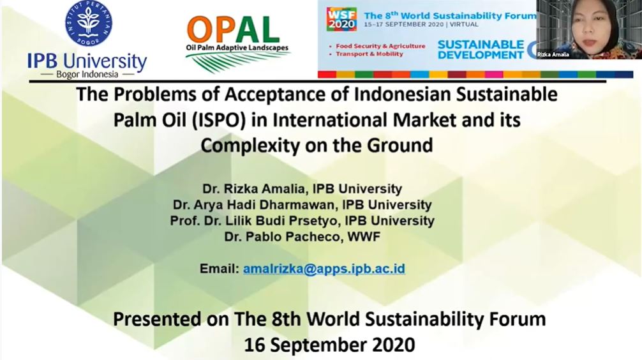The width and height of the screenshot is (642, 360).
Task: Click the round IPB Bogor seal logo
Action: coord(89,23)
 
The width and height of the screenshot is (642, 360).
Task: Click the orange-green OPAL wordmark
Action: coord(234,30)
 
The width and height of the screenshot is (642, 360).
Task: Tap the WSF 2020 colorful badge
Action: coord(341,19)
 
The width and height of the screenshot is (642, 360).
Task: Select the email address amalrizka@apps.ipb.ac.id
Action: coord(324,269)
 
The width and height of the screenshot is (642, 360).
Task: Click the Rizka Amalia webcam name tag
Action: coord(553,54)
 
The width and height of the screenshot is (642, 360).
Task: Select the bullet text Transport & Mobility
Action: coord(370,54)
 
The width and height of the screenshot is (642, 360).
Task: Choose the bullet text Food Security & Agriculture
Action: coord(380,46)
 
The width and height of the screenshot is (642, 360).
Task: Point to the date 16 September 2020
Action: coord(329,345)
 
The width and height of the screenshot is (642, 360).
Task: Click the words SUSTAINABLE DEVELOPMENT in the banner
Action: coord(481,50)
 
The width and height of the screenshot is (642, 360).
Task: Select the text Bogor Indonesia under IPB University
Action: coord(87,75)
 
